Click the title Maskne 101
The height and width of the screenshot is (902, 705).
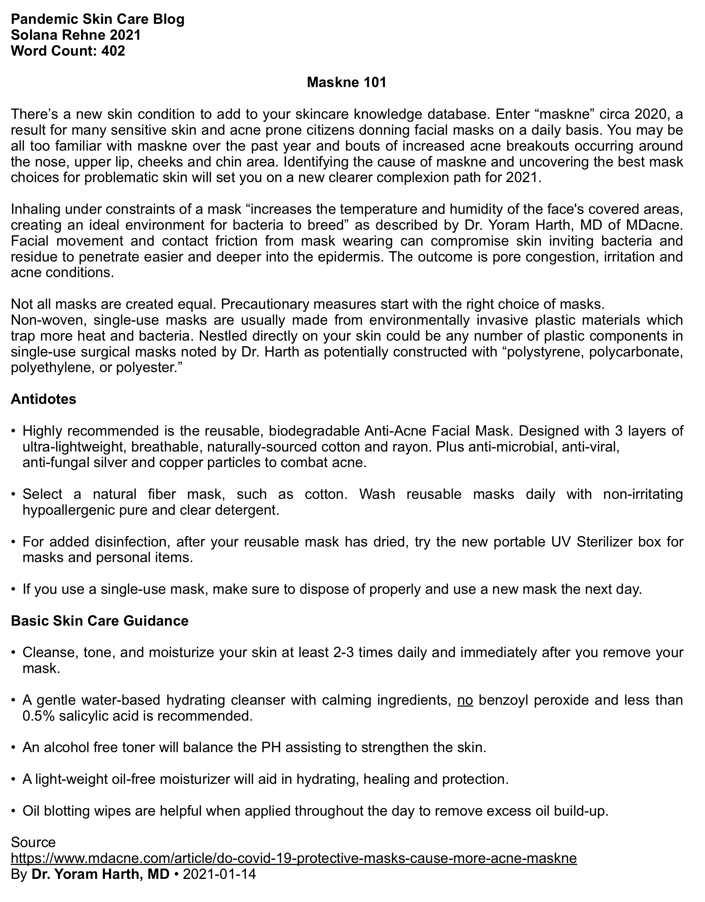tap(346, 82)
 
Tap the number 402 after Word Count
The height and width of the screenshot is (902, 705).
tap(113, 51)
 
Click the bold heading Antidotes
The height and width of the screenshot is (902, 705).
tap(43, 399)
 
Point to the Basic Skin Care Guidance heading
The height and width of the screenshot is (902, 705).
tap(99, 620)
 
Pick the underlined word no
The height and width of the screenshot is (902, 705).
tap(465, 700)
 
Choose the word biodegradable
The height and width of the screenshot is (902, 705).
tap(315, 431)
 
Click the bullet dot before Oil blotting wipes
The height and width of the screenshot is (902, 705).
tap(14, 811)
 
